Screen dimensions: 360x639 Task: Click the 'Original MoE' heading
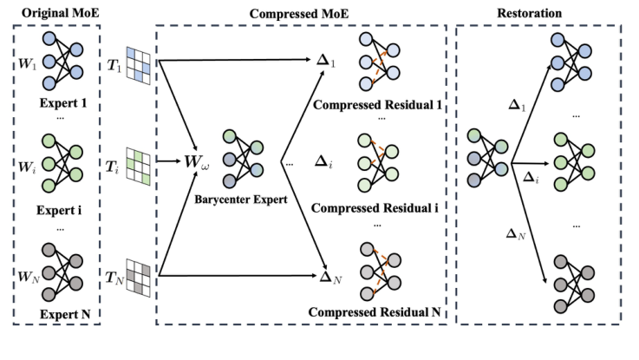53,13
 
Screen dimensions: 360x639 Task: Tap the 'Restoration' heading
537,13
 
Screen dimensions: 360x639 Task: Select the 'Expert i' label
57,208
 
